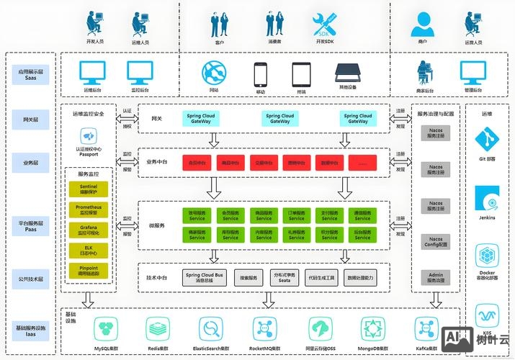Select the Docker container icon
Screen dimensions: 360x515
[x=487, y=256]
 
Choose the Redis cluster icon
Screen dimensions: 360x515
[x=158, y=330]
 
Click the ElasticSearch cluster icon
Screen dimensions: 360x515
[x=211, y=330]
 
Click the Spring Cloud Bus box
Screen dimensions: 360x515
[x=205, y=277]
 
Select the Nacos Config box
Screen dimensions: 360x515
[x=436, y=242]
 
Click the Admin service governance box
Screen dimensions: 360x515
[x=436, y=277]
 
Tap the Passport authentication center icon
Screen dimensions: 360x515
[x=88, y=136]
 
